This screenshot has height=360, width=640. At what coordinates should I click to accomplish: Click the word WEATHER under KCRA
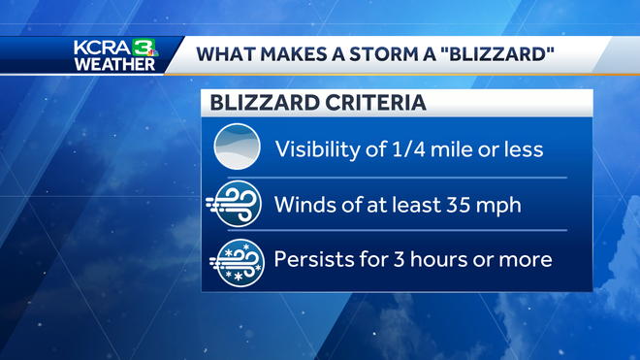click(114, 64)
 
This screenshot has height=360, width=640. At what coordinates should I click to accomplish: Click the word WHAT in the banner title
click(225, 54)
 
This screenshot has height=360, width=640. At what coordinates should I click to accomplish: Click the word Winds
click(304, 205)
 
